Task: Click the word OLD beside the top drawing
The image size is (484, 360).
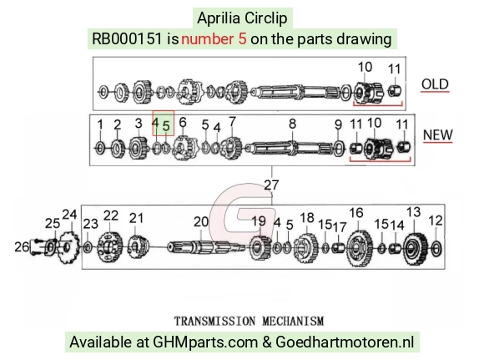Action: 435,84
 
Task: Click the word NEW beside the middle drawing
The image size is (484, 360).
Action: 438,134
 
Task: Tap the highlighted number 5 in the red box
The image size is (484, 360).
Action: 166,126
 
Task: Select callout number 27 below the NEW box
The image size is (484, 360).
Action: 272,185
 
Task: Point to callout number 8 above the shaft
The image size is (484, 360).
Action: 292,124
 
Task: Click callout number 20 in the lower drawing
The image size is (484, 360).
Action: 201,221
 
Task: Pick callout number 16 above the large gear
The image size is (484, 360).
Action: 356,213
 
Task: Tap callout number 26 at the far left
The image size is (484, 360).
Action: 22,247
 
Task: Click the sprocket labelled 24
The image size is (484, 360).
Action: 69,247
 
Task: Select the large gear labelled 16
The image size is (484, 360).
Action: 360,248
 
